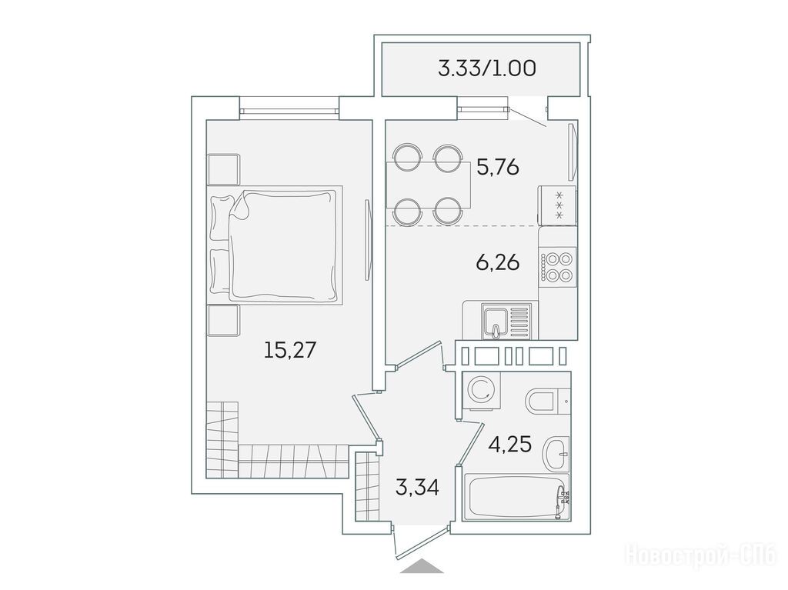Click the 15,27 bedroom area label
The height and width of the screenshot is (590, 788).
pos(290,350)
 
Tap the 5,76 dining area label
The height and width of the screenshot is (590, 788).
pos(498,167)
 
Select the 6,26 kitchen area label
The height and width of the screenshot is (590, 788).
pos(498,262)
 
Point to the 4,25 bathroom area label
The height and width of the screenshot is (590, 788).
pos(509,445)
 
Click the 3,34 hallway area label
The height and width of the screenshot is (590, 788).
pos(417,487)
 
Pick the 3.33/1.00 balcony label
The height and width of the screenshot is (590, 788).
pos(487,68)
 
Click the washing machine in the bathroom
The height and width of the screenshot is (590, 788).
pos(482,391)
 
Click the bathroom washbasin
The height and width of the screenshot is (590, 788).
pos(556,453)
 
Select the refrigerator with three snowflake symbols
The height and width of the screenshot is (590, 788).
pos(558,205)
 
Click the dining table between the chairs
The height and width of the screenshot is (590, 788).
pos(428,185)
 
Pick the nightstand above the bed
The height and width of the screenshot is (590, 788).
pos(224,169)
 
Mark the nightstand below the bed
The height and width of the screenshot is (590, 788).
pos(224,320)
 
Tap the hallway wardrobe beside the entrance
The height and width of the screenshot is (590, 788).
pos(367,486)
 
